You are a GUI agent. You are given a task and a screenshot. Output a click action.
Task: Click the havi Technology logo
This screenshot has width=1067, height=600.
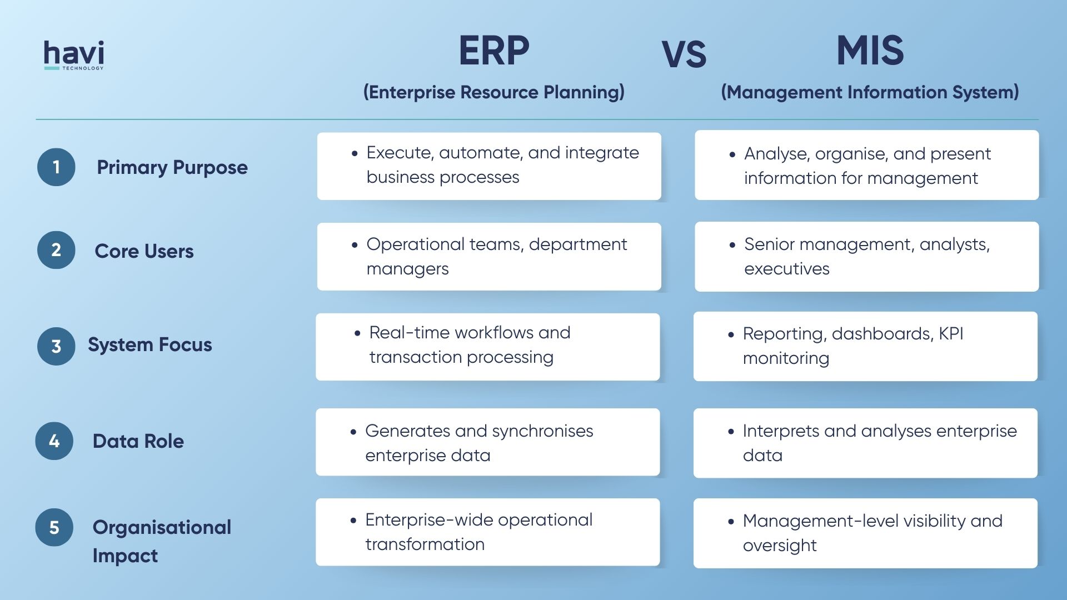(74, 55)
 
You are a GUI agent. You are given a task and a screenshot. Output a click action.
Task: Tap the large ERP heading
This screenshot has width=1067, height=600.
(493, 51)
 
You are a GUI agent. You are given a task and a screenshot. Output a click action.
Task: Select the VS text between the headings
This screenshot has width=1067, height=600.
(684, 55)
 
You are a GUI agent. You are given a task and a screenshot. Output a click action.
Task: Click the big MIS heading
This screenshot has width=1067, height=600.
(870, 51)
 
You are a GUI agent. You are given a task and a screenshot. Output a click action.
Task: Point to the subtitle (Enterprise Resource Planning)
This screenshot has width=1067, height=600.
(493, 92)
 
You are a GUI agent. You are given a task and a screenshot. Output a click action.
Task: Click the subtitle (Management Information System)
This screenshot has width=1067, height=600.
(870, 92)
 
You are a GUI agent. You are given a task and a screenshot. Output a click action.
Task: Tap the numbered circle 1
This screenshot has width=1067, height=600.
(56, 167)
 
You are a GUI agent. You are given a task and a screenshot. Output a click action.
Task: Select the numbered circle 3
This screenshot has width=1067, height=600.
(56, 346)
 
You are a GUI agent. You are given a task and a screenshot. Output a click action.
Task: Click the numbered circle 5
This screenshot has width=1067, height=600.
(54, 527)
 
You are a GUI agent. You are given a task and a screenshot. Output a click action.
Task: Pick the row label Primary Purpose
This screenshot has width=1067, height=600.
(172, 167)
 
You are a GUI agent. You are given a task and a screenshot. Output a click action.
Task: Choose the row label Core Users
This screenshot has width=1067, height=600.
(144, 251)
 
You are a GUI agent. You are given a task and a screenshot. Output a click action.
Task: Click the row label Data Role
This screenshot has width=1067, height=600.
(138, 441)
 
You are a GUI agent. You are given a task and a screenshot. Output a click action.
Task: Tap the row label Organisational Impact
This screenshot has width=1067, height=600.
(161, 541)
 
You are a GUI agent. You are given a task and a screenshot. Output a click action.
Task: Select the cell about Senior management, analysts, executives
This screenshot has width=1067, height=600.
(866, 257)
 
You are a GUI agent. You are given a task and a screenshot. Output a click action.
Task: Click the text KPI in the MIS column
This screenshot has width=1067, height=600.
(951, 333)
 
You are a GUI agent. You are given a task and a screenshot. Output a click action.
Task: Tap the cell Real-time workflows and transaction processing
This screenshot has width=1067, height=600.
(487, 347)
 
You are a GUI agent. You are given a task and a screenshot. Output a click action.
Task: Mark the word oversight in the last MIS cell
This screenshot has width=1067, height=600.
(780, 546)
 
